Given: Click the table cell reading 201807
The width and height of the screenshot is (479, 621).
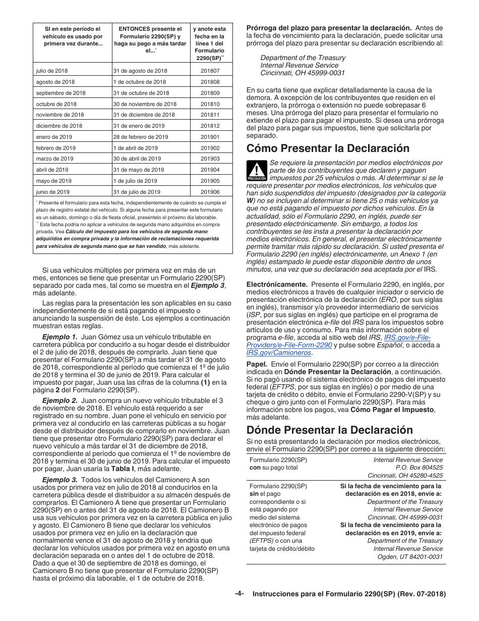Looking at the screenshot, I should tap(210, 71).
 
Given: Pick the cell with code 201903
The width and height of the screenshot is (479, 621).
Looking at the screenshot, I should tap(210, 159).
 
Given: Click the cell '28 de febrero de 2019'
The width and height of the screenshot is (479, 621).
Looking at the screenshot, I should tap(141, 137).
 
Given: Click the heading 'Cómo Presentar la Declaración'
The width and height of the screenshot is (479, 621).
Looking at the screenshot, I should tap(328, 148).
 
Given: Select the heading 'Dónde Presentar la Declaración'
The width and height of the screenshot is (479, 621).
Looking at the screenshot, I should tap(329, 430).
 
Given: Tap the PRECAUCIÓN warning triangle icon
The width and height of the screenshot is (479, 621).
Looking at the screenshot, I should tap(257, 171).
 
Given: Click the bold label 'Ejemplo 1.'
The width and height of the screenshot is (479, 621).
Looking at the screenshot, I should tap(59, 337).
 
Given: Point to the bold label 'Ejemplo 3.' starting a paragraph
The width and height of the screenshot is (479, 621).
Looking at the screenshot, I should tap(59, 480).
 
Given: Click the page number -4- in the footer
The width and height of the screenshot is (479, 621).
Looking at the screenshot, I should tap(239, 594).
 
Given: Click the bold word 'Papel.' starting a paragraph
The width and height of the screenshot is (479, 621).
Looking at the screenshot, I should tap(257, 364).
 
